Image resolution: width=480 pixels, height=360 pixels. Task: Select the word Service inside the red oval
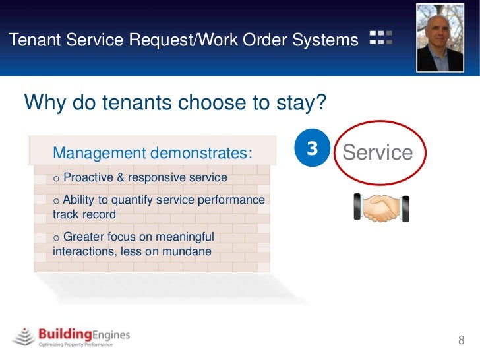[378, 153]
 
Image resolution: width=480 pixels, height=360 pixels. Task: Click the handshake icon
[381, 208]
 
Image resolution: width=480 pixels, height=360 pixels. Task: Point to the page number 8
[462, 340]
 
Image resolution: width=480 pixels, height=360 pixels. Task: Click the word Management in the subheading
[99, 154]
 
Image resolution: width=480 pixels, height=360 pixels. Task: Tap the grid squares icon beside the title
[381, 38]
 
